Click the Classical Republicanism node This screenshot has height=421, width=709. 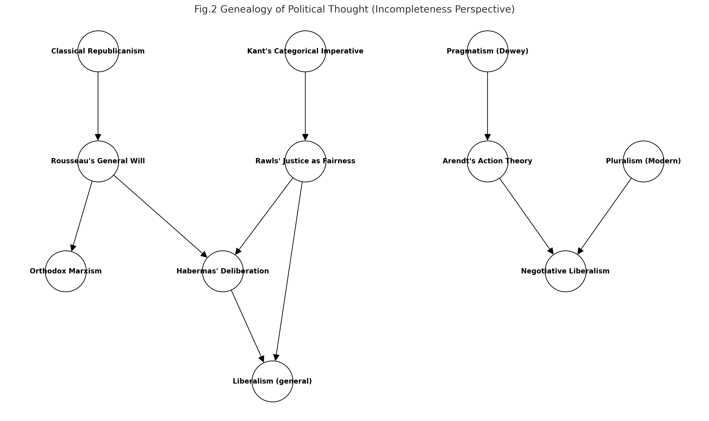[x=98, y=51]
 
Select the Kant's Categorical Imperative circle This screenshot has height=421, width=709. [x=305, y=51]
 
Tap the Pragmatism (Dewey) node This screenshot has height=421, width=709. [x=488, y=51]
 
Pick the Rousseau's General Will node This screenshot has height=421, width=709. [x=98, y=161]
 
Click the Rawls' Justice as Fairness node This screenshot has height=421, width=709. [x=305, y=161]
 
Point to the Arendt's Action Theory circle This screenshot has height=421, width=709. [x=488, y=161]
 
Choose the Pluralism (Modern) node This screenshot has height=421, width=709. [x=644, y=161]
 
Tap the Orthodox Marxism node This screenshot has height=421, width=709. [x=66, y=271]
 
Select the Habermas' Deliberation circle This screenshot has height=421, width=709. [x=223, y=271]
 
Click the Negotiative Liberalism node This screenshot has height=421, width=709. [x=565, y=271]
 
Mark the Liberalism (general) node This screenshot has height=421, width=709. [x=272, y=382]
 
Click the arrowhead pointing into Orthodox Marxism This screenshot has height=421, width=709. [x=73, y=248]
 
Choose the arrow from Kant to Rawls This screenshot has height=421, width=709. [x=305, y=105]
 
